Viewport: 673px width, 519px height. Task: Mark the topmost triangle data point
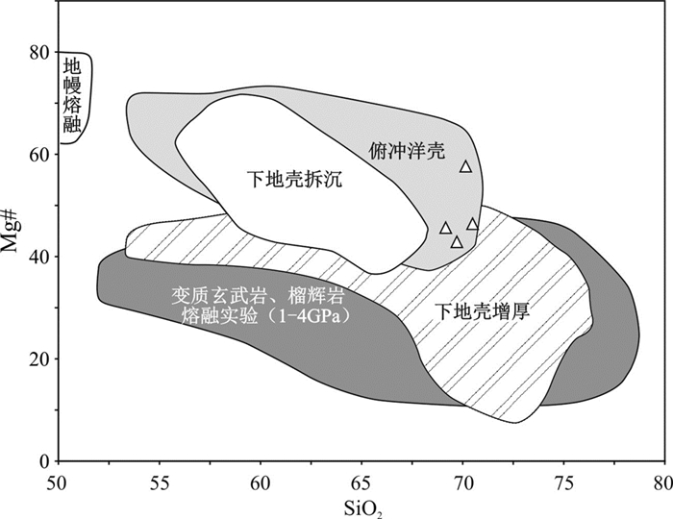pyautogui.click(x=466, y=166)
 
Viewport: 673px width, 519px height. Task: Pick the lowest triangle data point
pyautogui.click(x=458, y=242)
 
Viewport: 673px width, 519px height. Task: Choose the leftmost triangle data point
pyautogui.click(x=445, y=228)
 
